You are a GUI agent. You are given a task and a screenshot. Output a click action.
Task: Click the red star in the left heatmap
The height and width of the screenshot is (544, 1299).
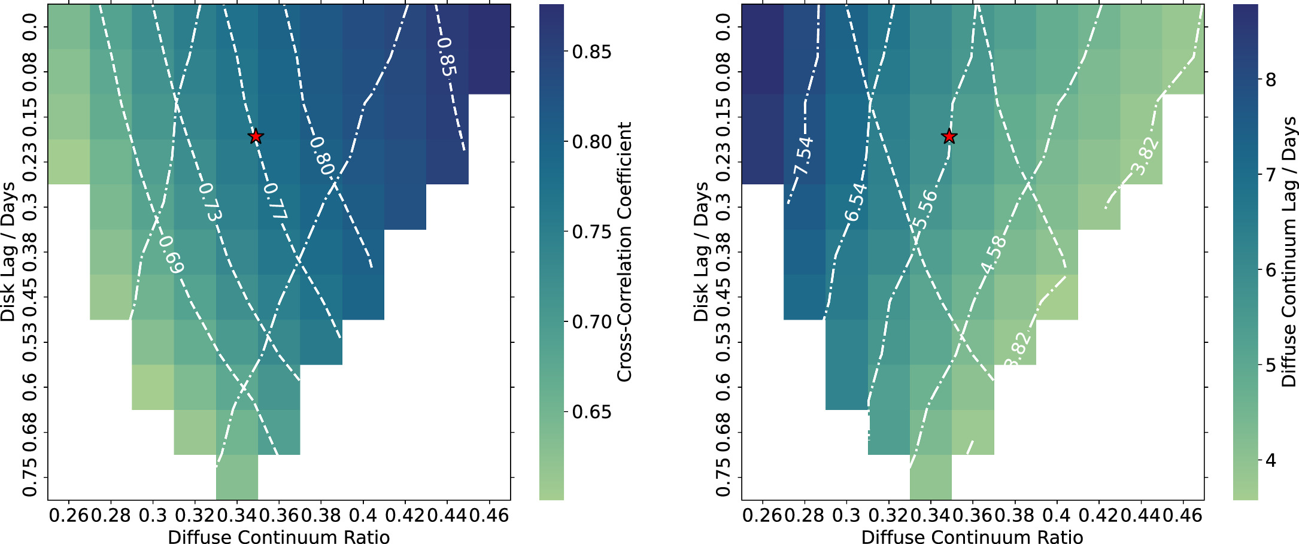click(256, 136)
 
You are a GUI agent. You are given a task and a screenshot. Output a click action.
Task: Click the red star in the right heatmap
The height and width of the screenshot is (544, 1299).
click(949, 136)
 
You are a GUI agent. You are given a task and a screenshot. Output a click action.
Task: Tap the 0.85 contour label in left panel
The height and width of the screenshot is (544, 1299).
click(447, 57)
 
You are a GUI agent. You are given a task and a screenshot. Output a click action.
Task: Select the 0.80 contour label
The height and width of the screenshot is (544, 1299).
click(321, 156)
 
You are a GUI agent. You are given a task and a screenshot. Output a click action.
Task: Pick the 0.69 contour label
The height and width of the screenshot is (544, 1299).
click(171, 255)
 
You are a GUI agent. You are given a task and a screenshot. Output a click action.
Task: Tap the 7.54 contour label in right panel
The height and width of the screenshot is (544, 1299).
click(803, 156)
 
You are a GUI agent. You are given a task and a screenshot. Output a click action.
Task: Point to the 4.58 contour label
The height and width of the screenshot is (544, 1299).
click(994, 256)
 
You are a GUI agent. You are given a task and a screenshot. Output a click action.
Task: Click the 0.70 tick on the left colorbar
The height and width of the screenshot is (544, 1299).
click(591, 322)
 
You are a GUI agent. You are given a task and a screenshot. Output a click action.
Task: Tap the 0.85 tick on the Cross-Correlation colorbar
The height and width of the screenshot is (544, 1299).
click(591, 52)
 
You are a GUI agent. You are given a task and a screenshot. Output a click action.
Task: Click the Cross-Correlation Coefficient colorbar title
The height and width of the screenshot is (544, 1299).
click(624, 251)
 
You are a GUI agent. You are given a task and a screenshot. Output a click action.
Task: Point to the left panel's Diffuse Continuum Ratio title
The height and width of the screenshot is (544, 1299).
click(278, 537)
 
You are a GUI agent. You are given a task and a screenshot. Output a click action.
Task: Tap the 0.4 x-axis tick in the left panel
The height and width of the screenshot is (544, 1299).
click(363, 515)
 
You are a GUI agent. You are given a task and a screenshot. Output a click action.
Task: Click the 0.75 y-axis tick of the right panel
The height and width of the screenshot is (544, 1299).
click(723, 477)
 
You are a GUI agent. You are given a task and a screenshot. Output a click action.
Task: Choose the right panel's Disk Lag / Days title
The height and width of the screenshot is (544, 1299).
click(700, 251)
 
